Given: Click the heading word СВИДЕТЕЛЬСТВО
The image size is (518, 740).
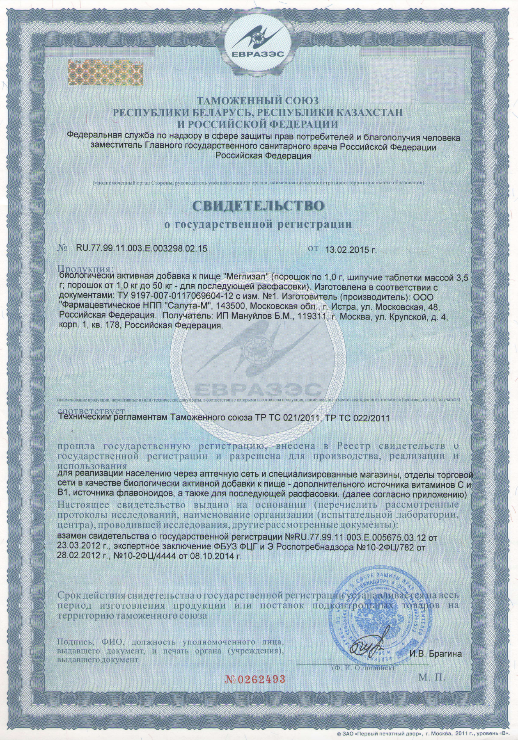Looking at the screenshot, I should (x=258, y=206).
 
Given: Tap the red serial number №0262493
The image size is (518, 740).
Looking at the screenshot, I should (x=255, y=678).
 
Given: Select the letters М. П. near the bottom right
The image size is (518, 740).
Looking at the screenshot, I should (x=432, y=677).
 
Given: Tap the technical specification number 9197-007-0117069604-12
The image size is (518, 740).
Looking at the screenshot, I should (x=157, y=297).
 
